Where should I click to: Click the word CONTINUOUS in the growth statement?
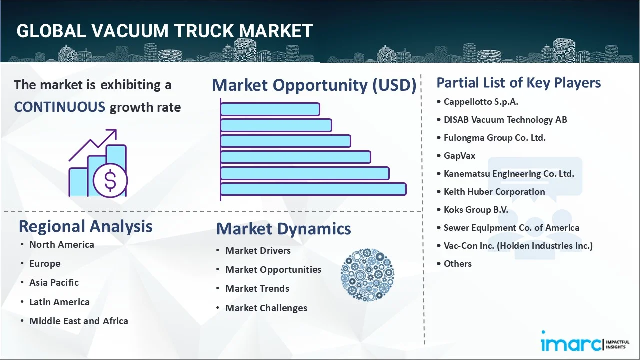[x=59, y=107]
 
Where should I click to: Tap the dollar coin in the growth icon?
[x=110, y=180]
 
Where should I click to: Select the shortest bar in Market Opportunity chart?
[x=270, y=109]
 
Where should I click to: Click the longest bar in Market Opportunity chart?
[x=313, y=189]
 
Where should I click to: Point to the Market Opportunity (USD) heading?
[x=314, y=85]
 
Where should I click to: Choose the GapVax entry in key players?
[x=459, y=156]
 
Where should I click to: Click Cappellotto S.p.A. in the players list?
[x=481, y=102]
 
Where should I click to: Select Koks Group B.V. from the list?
[x=476, y=210]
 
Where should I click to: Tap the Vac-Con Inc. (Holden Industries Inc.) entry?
[x=518, y=246]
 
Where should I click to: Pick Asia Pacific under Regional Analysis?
[x=54, y=283]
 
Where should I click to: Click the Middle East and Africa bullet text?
[x=78, y=321]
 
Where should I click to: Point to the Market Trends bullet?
[x=257, y=289]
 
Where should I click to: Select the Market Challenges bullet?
[x=266, y=308]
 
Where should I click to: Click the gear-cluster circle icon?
[x=367, y=275]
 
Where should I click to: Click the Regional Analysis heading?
[x=85, y=226]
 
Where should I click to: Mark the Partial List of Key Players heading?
[x=518, y=83]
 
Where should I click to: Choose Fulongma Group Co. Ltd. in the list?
[x=494, y=138]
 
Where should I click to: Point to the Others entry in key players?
[x=457, y=264]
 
